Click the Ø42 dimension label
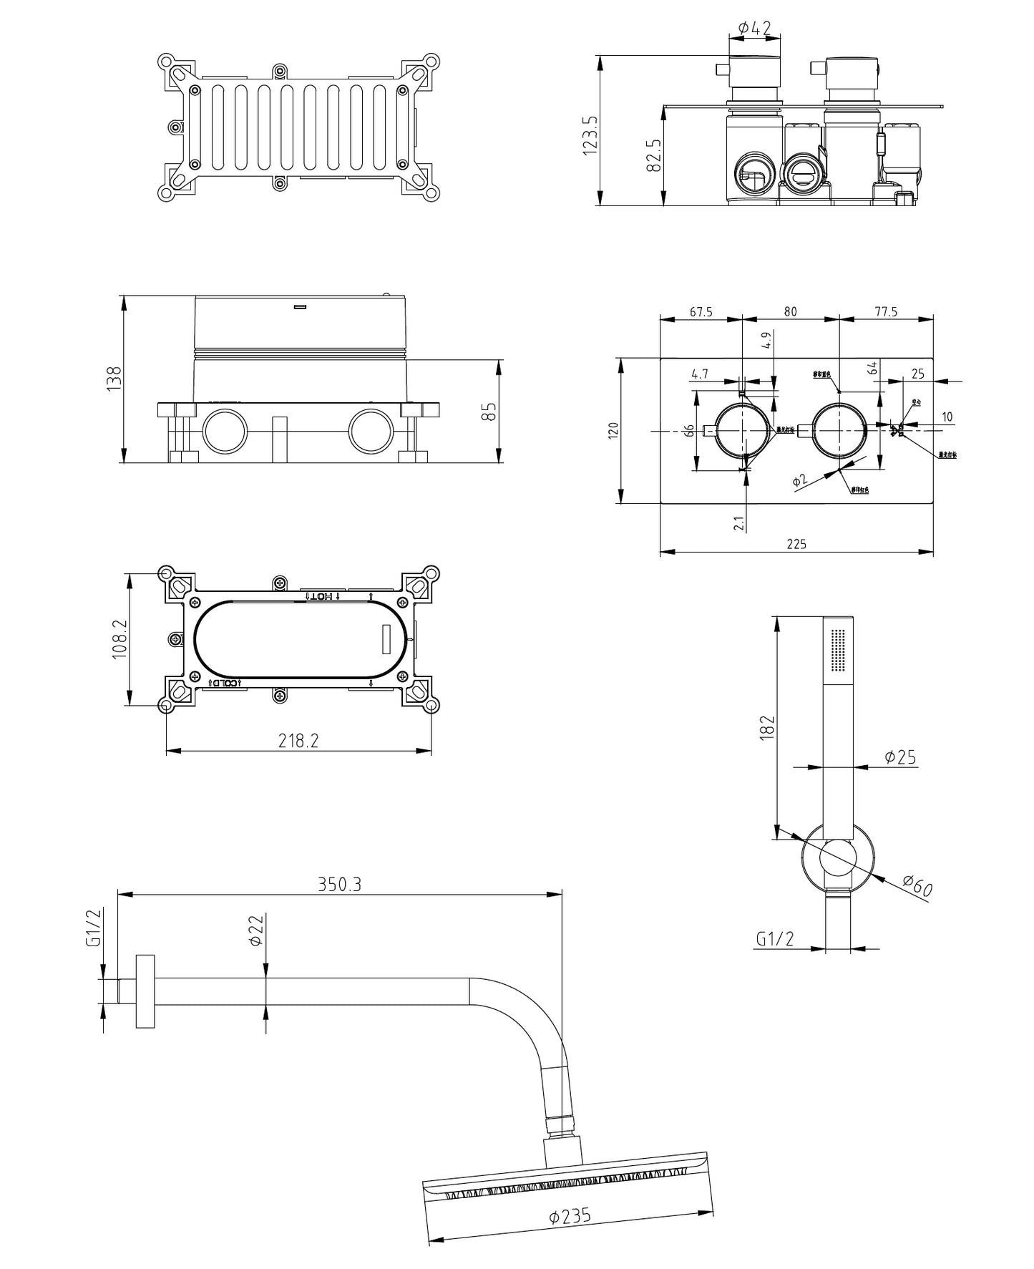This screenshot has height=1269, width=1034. pos(754,28)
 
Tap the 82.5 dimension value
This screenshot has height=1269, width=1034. pos(653,156)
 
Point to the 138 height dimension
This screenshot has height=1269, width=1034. pos(114,378)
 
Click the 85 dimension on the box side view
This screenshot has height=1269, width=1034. pos(489,412)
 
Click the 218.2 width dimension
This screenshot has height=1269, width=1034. pos(298,741)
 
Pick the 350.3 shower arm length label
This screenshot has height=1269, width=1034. pos(340,884)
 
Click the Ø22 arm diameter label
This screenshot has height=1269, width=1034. pos(256,930)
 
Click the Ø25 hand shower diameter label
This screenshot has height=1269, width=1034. pos(899,757)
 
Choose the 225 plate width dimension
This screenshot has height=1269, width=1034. pos(796,544)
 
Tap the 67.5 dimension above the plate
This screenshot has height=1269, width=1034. pos(701,312)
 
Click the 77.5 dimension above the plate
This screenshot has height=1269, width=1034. pos(885,312)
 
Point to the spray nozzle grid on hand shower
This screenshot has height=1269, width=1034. pos(838,651)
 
